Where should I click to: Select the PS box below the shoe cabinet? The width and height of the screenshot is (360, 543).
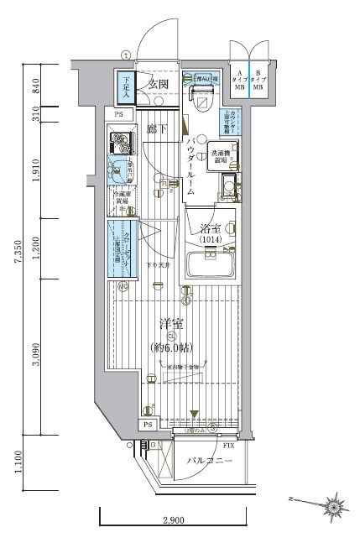click(120, 115)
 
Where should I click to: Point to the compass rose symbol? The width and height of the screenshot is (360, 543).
click(337, 506)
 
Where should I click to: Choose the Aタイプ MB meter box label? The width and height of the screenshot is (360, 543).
click(240, 79)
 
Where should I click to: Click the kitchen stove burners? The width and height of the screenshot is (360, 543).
click(121, 142)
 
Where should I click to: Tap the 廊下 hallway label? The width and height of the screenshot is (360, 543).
click(154, 130)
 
